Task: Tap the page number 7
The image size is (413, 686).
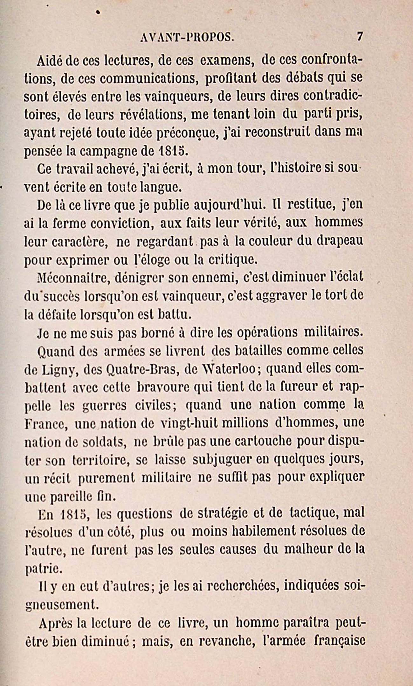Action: pos(360,36)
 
